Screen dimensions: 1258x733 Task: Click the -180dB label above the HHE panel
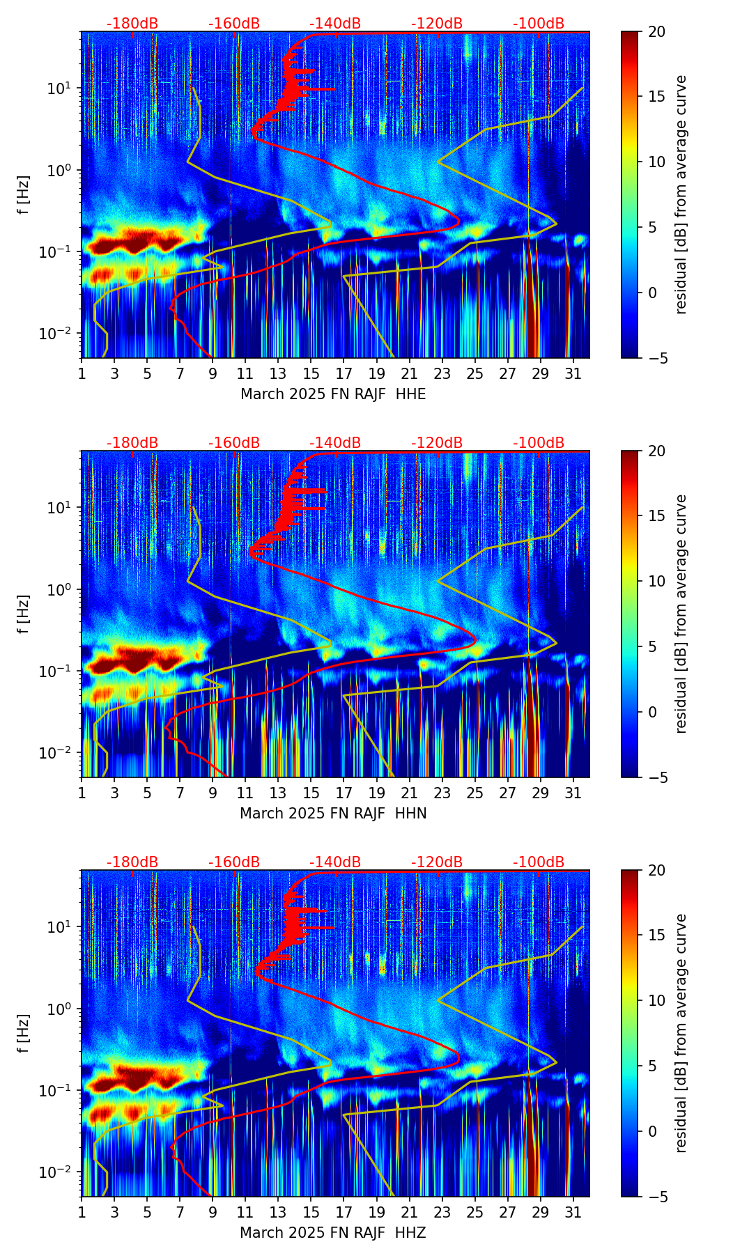pos(132,24)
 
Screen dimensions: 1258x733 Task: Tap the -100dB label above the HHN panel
pos(539,443)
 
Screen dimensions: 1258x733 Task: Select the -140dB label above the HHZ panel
pos(335,862)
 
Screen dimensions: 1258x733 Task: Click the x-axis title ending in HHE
pos(333,394)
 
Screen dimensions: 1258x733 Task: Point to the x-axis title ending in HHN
pos(333,814)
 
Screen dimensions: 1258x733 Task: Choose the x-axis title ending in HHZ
pos(333,1233)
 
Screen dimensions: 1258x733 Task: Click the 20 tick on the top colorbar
pos(656,31)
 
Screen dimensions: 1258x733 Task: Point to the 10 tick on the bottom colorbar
pos(656,1000)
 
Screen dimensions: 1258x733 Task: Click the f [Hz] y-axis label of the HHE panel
pos(24,195)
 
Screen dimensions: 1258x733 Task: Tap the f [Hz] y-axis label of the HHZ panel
pos(24,1034)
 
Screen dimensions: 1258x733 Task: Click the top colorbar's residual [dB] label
pos(681,195)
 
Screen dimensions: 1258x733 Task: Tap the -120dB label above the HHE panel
pos(437,24)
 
